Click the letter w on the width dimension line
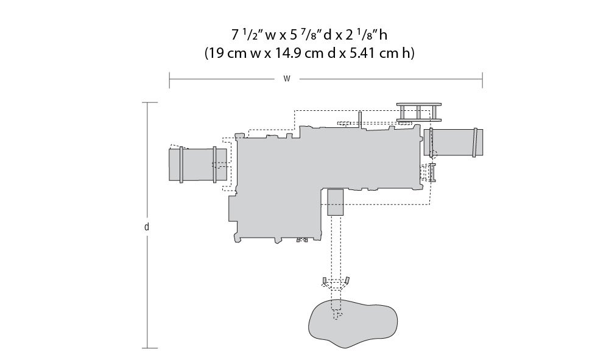[287, 79]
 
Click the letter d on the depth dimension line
[146, 227]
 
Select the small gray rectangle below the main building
[336, 202]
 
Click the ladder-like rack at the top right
[419, 112]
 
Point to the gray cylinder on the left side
[198, 164]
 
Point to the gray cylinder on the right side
[453, 143]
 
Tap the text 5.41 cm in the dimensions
[375, 53]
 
